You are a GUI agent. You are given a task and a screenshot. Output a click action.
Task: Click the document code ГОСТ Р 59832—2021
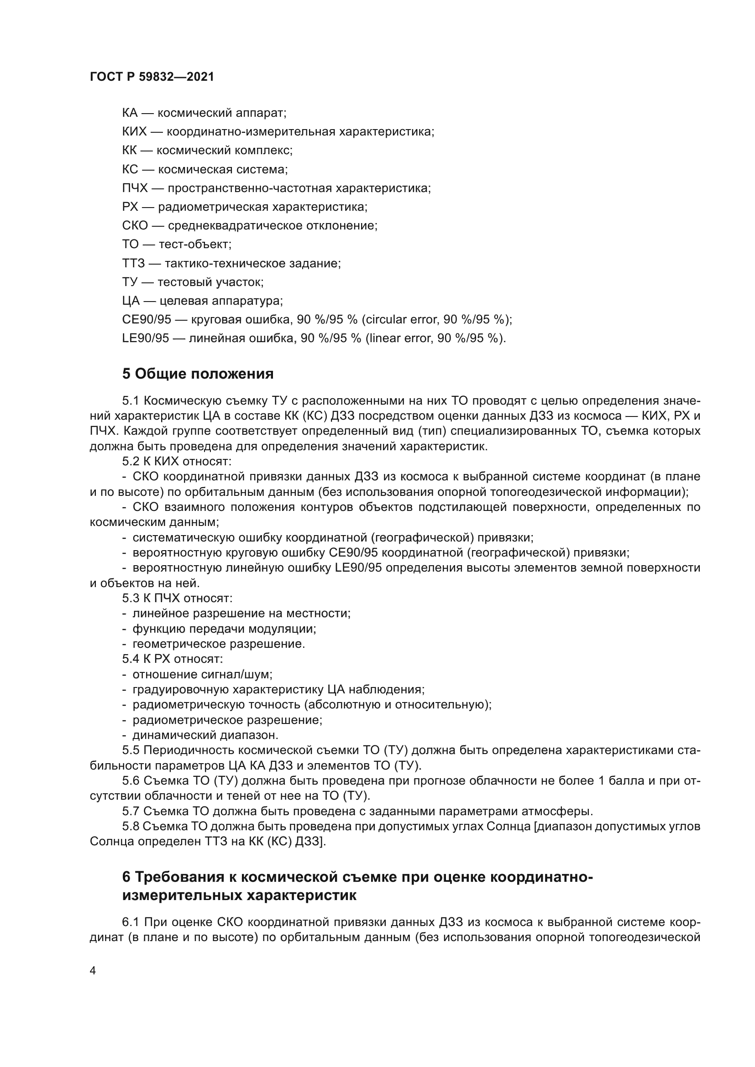tap(152, 77)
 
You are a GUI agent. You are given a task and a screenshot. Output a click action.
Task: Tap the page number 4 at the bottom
tap(93, 970)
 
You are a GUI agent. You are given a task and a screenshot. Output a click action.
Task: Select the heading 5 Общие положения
tap(198, 373)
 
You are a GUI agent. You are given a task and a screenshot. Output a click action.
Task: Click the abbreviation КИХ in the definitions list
tap(134, 132)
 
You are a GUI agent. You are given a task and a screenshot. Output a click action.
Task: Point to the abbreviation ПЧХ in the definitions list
tap(135, 188)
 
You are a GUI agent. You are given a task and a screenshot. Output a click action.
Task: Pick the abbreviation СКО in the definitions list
tap(135, 226)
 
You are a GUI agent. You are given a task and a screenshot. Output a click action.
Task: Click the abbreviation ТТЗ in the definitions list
tap(133, 264)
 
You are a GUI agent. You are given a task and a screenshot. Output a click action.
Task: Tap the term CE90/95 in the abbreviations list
tap(147, 320)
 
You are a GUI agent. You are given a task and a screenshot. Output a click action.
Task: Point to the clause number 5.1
tap(131, 401)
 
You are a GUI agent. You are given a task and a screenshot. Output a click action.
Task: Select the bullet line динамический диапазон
tap(205, 735)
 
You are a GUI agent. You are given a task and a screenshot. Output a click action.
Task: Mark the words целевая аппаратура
tap(220, 301)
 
